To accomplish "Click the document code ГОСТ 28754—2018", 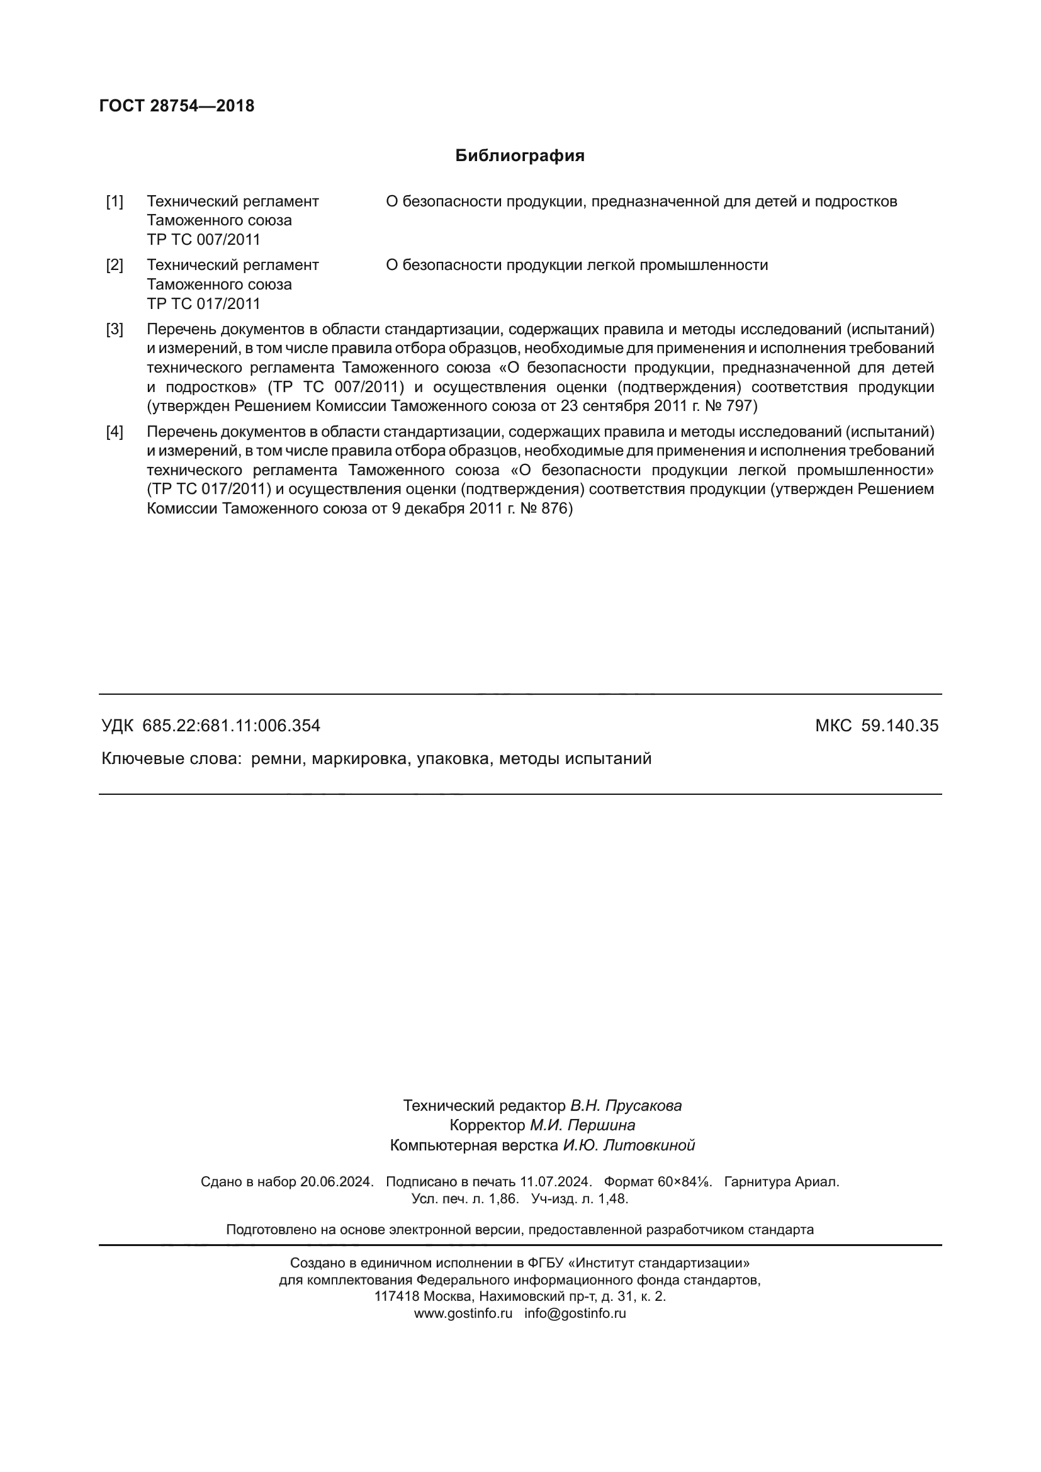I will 177,106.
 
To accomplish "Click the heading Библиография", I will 520,156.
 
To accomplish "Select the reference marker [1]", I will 115,201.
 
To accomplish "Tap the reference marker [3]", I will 115,330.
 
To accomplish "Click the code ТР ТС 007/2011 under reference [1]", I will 203,240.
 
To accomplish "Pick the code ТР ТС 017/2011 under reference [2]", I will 203,304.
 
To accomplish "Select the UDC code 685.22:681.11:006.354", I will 231,726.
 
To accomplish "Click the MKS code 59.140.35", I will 899,726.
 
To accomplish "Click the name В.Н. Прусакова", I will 626,1106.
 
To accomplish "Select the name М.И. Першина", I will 582,1125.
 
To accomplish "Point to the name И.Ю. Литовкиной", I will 629,1145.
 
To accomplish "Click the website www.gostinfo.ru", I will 463,1313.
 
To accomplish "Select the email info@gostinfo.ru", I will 575,1313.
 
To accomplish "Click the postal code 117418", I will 397,1296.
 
